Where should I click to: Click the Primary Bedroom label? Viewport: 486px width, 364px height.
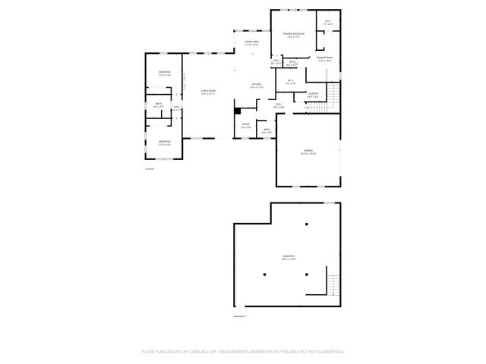click(295, 36)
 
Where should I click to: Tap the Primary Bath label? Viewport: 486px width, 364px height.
click(324, 59)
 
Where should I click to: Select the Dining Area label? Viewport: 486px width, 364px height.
click(251, 42)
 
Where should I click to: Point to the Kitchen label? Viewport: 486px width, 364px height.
click(257, 86)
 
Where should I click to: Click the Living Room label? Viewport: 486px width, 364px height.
click(208, 93)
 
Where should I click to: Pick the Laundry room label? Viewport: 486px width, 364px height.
click(313, 94)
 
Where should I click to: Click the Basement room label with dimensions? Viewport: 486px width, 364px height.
click(289, 258)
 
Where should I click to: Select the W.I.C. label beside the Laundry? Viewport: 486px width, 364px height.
click(291, 81)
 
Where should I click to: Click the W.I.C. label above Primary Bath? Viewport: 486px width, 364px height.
click(328, 22)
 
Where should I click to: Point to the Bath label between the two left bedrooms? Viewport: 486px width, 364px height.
click(159, 105)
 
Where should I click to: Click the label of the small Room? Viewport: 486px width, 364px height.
click(246, 125)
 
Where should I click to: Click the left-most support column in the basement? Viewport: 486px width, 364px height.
click(265, 274)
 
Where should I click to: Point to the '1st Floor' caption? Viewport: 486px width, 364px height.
click(150, 169)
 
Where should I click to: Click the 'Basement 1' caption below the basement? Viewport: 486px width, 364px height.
click(241, 316)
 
